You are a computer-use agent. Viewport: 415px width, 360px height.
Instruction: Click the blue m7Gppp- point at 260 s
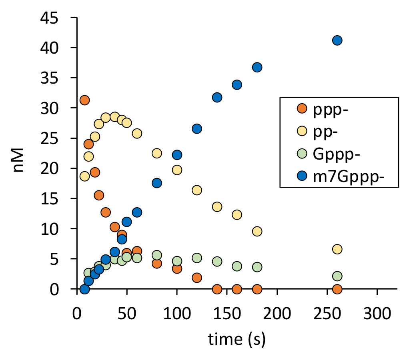pos(337,40)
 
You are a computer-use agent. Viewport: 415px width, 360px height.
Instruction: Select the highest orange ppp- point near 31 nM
pos(84,100)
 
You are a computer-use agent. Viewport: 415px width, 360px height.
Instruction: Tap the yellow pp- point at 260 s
pos(337,249)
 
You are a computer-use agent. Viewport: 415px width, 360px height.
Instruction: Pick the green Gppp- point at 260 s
pos(337,276)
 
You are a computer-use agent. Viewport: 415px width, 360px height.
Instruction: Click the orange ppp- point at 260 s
pos(337,289)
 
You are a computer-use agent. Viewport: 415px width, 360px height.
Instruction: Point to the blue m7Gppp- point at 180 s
pos(257,67)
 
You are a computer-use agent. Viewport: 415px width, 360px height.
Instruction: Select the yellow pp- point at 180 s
pos(257,231)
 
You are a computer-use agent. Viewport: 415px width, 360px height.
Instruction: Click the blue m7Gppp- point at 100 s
pos(177,155)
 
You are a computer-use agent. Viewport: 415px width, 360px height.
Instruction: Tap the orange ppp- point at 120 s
pos(197,278)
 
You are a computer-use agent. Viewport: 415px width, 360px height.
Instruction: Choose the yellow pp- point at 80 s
pos(157,153)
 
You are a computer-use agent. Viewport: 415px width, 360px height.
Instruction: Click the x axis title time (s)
pos(237,340)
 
